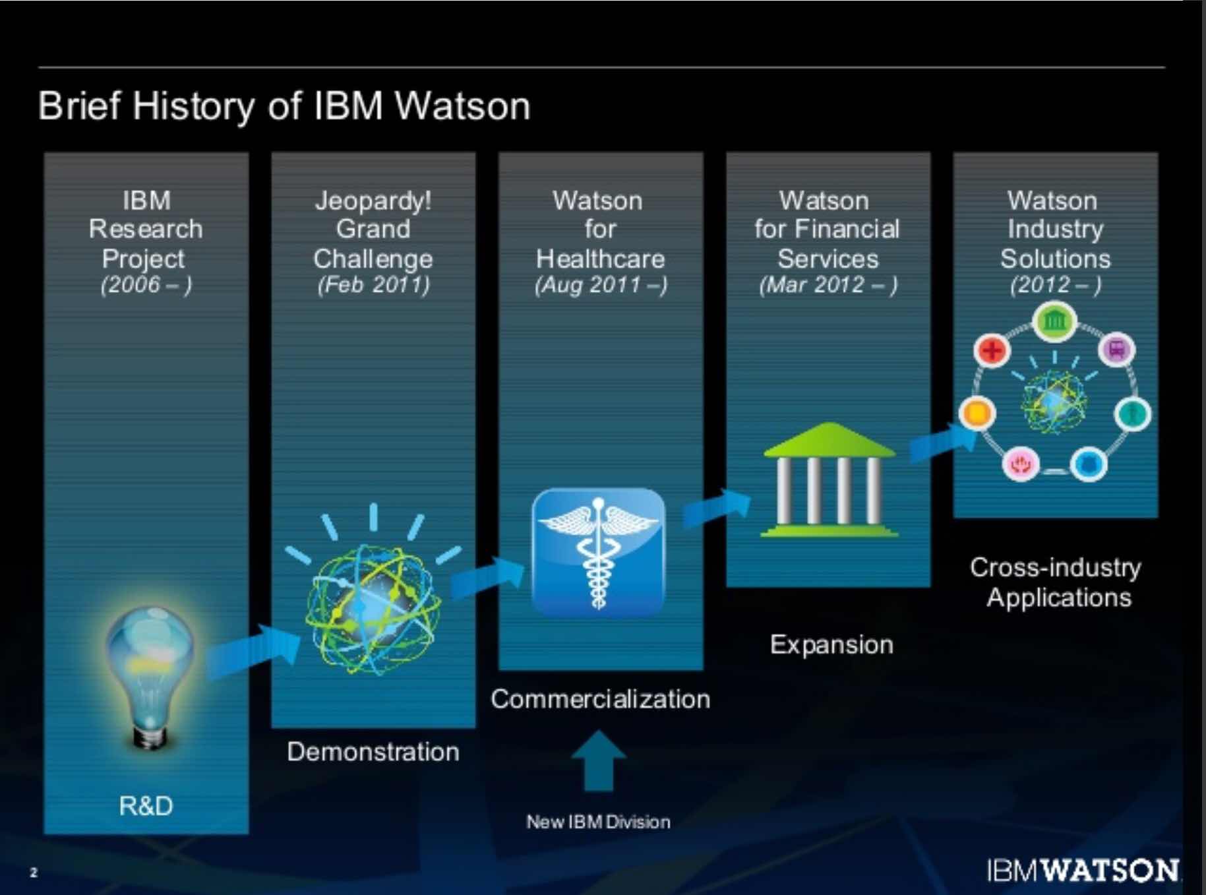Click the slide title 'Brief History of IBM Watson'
pyautogui.click(x=284, y=106)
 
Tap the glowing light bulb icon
pyautogui.click(x=150, y=676)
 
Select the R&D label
pyautogui.click(x=146, y=805)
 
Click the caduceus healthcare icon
pyautogui.click(x=598, y=553)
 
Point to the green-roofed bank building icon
pyautogui.click(x=829, y=480)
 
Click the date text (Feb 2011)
pyautogui.click(x=373, y=285)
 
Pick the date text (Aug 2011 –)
pyautogui.click(x=601, y=285)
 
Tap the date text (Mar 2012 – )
pyautogui.click(x=828, y=285)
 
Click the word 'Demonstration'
pyautogui.click(x=373, y=752)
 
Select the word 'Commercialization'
pyautogui.click(x=600, y=699)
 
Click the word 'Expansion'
pyautogui.click(x=831, y=644)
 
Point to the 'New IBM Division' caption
pyautogui.click(x=598, y=822)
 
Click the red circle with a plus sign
pyautogui.click(x=992, y=350)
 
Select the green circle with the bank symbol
pyautogui.click(x=1055, y=321)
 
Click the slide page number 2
pyautogui.click(x=34, y=873)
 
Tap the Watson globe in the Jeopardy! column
pyautogui.click(x=373, y=607)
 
